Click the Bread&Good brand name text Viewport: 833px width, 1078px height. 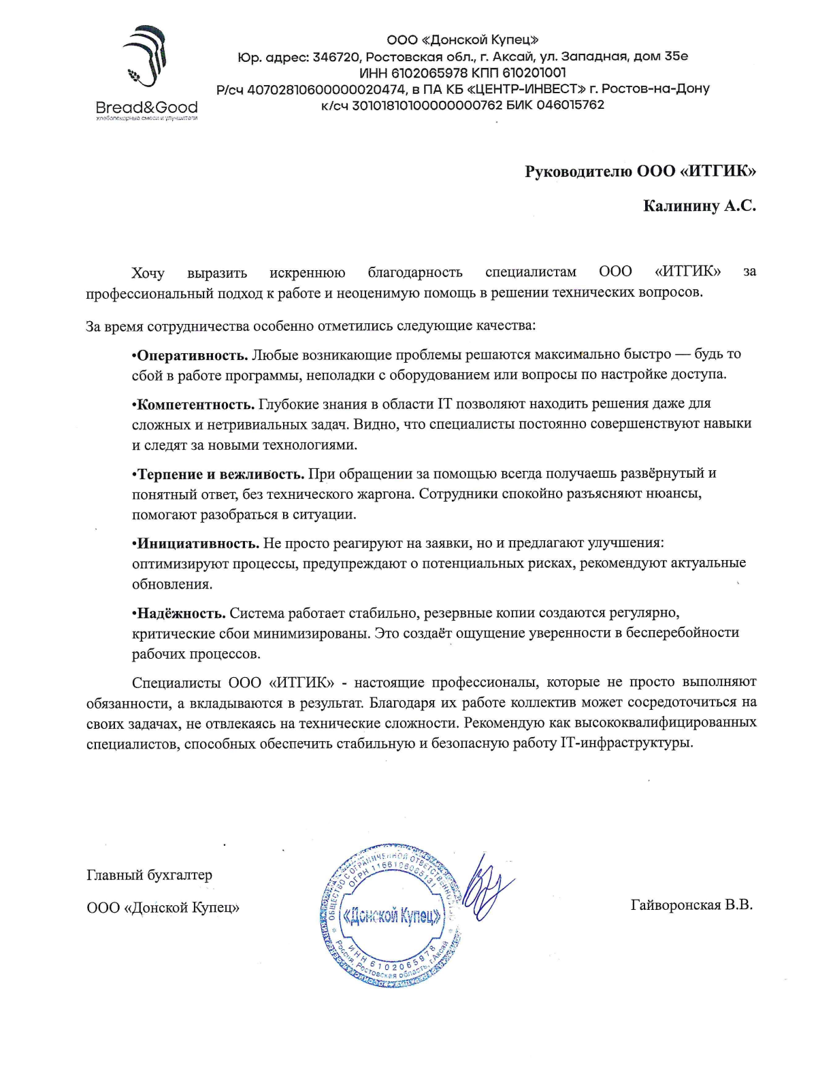(x=147, y=108)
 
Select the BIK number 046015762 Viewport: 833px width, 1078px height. (x=570, y=105)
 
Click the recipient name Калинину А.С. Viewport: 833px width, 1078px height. (x=699, y=206)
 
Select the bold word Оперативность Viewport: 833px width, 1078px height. (x=192, y=355)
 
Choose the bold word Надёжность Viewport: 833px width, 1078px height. (x=181, y=613)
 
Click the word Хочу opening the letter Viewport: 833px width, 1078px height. (x=148, y=273)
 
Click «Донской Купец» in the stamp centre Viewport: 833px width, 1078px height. (x=392, y=916)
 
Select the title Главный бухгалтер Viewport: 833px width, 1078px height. (x=149, y=875)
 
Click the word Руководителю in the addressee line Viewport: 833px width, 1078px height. (x=578, y=171)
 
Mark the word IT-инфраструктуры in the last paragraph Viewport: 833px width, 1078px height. (x=625, y=743)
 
